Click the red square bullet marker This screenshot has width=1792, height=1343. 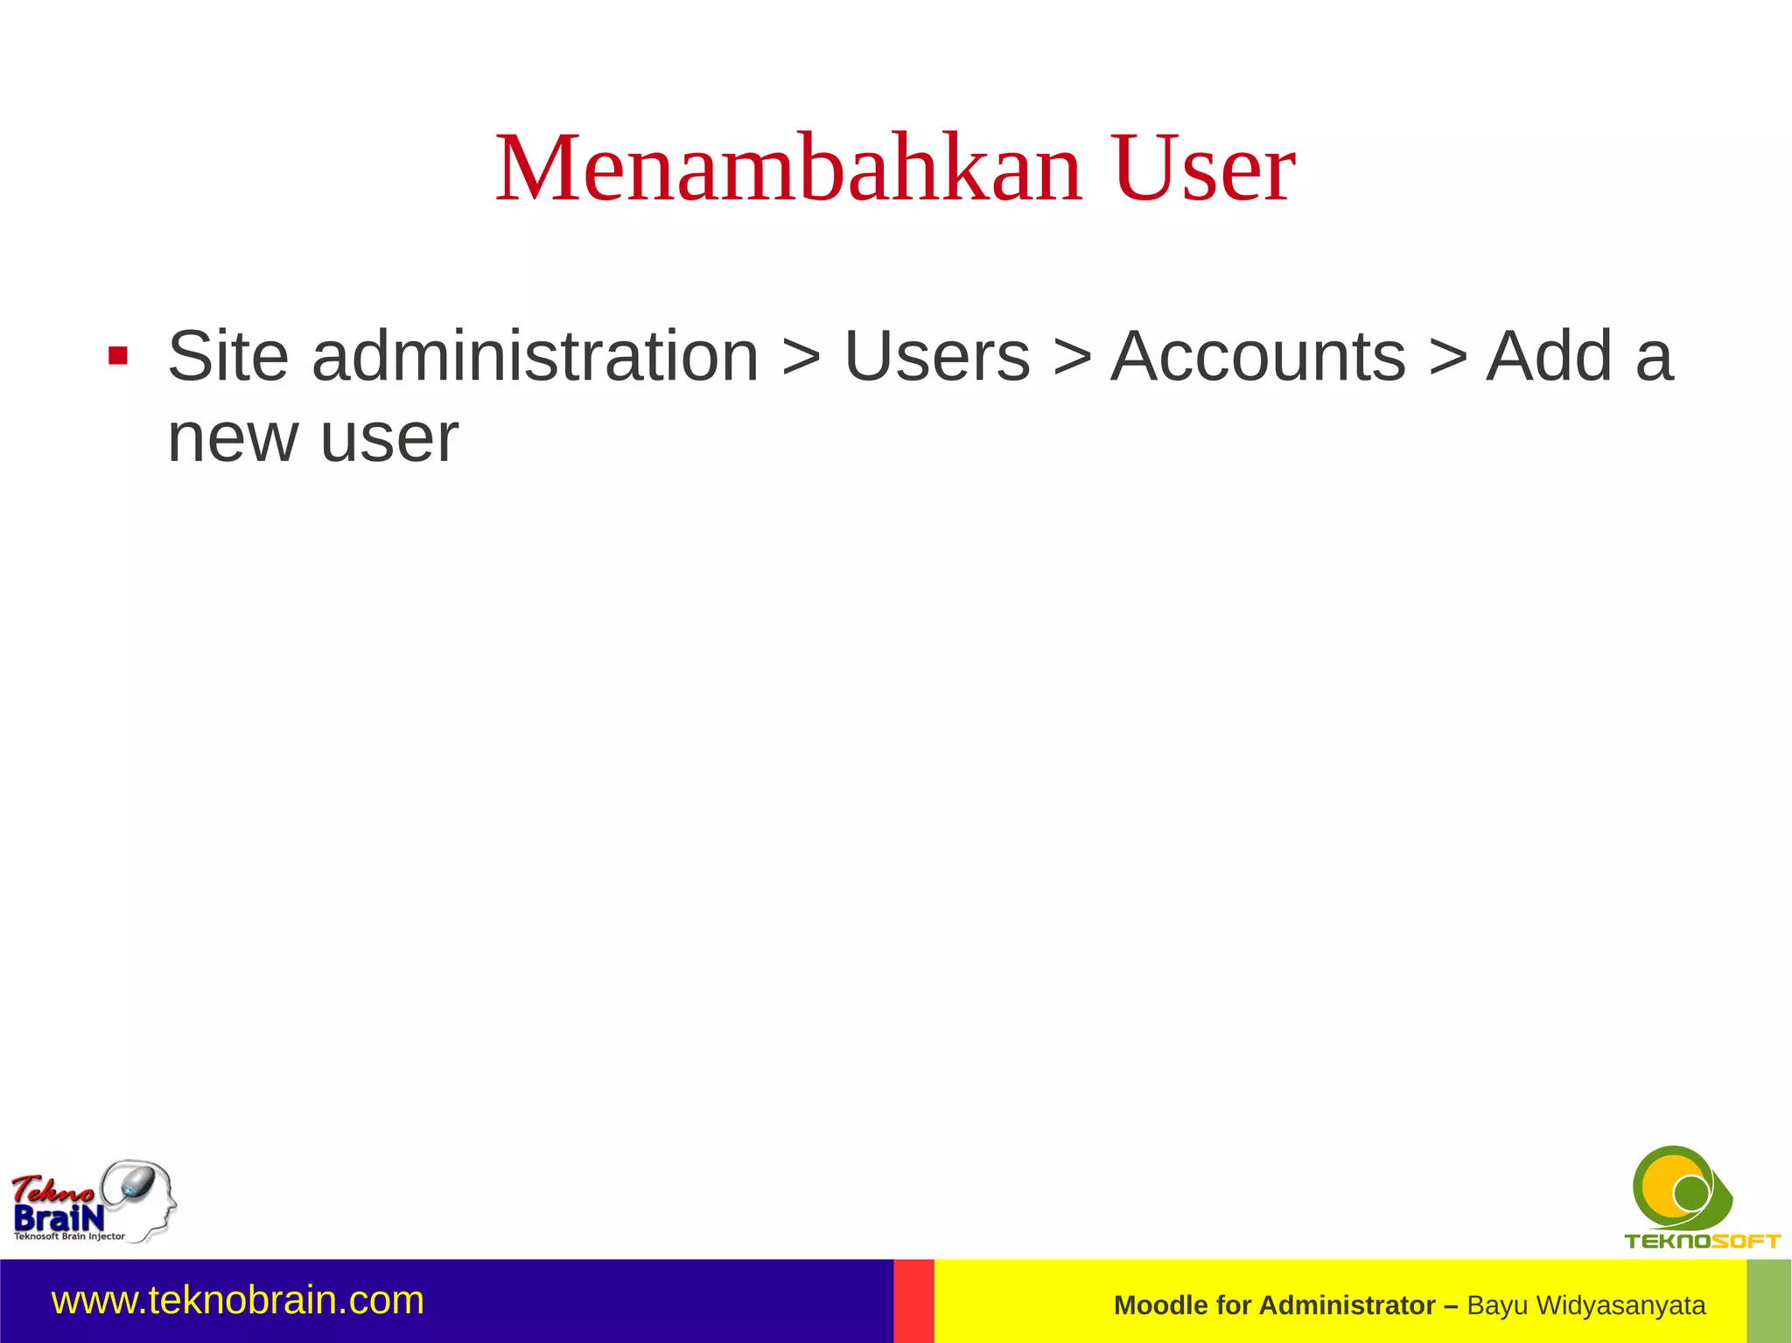tap(118, 356)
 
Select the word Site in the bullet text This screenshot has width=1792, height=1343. tap(227, 356)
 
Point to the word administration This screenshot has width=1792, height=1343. tap(535, 356)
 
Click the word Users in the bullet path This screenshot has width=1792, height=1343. tap(937, 356)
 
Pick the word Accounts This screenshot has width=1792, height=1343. tap(1258, 356)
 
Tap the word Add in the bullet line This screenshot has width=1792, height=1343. tap(1549, 356)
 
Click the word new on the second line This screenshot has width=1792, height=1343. tap(233, 437)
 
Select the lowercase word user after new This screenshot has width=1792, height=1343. tap(389, 437)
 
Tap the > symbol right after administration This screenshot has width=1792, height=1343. tap(801, 358)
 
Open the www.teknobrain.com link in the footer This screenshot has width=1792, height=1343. tap(238, 1300)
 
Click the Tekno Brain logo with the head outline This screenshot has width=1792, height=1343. tap(93, 1201)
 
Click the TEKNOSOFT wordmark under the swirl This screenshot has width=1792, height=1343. tap(1702, 1241)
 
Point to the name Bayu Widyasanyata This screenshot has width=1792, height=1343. tap(1586, 1305)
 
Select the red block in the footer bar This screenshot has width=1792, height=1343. tap(913, 1301)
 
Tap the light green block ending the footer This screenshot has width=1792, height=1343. tap(1768, 1301)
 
